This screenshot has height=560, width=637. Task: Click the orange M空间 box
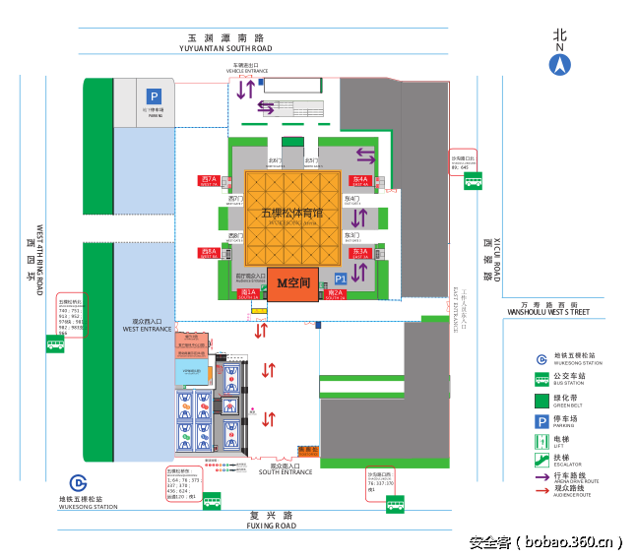(292, 282)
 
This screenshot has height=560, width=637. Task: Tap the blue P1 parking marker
(341, 280)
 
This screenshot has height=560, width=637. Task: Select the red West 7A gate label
(208, 181)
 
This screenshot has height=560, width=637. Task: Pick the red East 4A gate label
(360, 181)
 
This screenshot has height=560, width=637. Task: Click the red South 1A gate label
(248, 292)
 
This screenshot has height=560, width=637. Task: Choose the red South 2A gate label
(335, 293)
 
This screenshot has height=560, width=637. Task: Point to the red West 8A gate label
(208, 252)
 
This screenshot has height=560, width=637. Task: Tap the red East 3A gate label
(360, 253)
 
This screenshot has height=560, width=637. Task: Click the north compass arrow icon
(559, 65)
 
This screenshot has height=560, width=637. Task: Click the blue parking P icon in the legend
(541, 421)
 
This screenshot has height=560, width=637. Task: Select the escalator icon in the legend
(541, 458)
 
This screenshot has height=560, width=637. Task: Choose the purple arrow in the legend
(541, 477)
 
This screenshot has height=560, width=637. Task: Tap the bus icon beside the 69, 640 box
(474, 181)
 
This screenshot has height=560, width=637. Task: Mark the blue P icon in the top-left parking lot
(154, 95)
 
